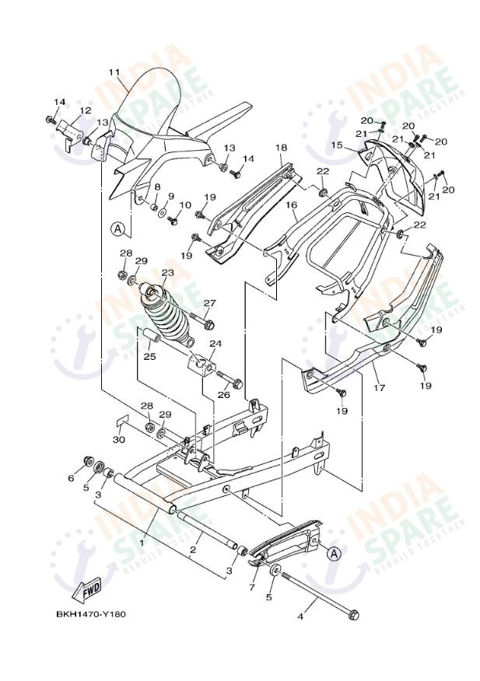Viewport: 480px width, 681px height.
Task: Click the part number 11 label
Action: [x=114, y=72]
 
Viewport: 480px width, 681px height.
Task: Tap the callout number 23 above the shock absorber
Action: [x=167, y=273]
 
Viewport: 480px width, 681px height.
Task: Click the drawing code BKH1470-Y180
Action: [x=90, y=614]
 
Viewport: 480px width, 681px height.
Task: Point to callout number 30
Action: [x=118, y=440]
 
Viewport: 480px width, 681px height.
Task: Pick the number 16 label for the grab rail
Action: [x=291, y=205]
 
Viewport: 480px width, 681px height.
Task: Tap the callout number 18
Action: [x=281, y=147]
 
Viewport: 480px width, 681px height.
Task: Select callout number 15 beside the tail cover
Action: [x=337, y=145]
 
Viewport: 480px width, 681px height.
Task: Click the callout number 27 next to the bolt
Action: [x=209, y=303]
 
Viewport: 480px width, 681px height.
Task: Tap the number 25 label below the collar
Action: [x=149, y=357]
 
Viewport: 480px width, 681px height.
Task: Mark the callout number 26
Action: [x=223, y=394]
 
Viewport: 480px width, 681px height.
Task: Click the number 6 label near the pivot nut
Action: [x=71, y=478]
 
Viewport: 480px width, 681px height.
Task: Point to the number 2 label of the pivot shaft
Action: [x=192, y=550]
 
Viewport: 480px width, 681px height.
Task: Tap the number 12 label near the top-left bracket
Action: [x=86, y=110]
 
